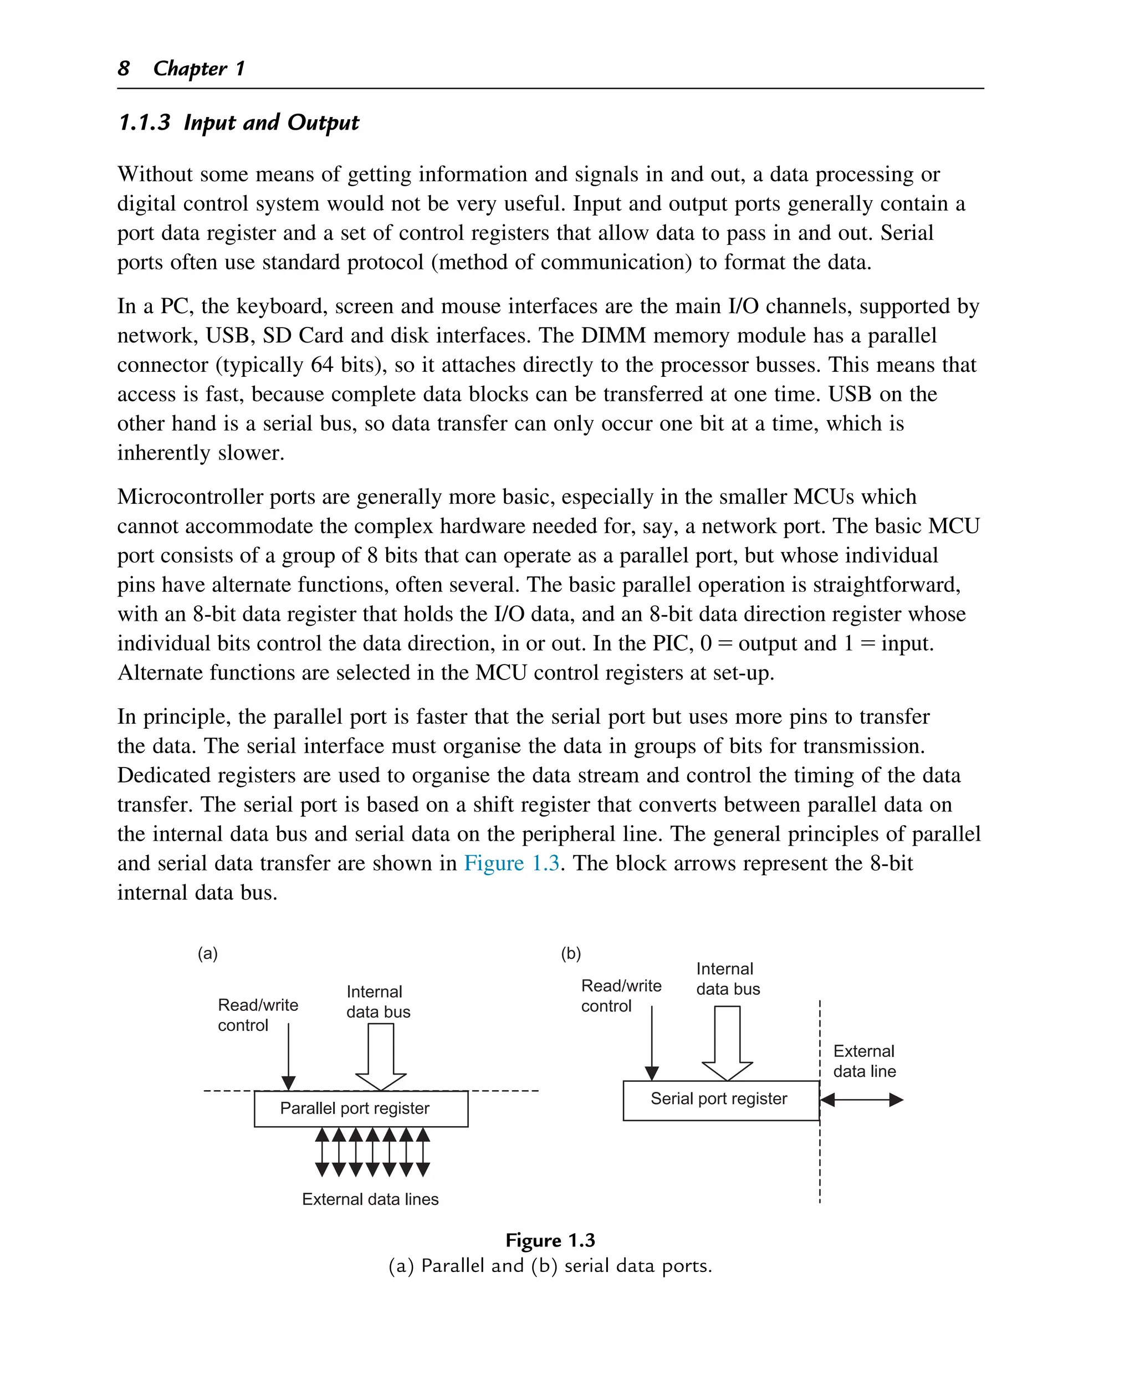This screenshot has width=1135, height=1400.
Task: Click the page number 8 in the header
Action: [124, 68]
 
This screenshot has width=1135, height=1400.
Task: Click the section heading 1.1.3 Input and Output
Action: [239, 122]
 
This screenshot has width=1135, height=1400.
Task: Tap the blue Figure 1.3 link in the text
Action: [512, 862]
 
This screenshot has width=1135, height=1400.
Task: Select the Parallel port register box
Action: [361, 1108]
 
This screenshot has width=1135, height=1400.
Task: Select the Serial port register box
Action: [720, 1100]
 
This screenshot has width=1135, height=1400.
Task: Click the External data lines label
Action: [370, 1199]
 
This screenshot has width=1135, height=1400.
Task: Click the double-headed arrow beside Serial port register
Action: [861, 1100]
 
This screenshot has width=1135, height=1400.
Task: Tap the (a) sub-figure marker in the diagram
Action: [207, 953]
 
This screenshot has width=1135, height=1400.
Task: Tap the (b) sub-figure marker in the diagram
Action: [571, 953]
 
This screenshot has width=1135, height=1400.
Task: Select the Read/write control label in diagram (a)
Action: [258, 1014]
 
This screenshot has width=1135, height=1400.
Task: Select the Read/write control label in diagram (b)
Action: [621, 995]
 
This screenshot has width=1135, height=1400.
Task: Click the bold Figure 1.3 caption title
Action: [550, 1240]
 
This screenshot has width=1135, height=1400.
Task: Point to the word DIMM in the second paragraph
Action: [614, 335]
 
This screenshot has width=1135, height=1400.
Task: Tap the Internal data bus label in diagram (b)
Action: [727, 978]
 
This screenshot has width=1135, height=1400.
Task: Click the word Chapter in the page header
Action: [190, 68]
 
